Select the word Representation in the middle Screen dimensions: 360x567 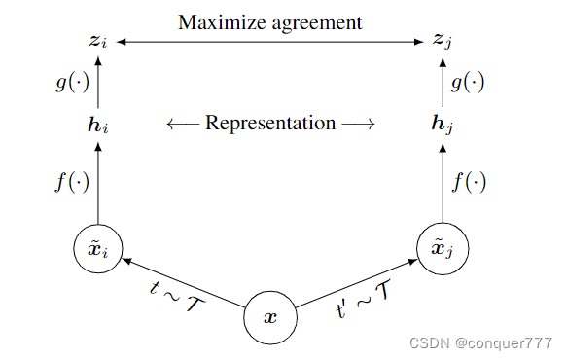click(270, 124)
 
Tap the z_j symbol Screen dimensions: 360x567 click(443, 42)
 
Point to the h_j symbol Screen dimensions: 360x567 click(443, 125)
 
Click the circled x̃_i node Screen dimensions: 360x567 click(97, 249)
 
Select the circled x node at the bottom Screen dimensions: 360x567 click(270, 317)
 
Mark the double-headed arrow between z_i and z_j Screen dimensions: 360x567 click(270, 42)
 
